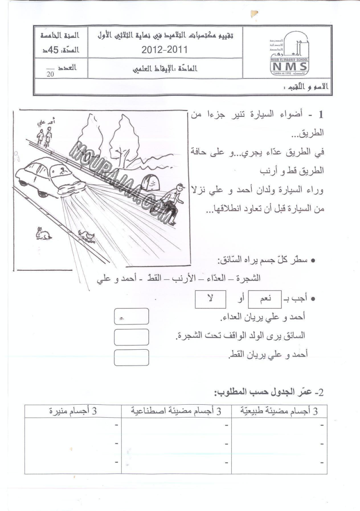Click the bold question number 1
pos(321,114)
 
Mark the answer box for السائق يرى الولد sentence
pos(132,337)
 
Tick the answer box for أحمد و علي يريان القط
pos(132,356)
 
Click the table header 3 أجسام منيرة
pos(72,411)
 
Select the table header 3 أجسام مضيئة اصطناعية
pos(176,411)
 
